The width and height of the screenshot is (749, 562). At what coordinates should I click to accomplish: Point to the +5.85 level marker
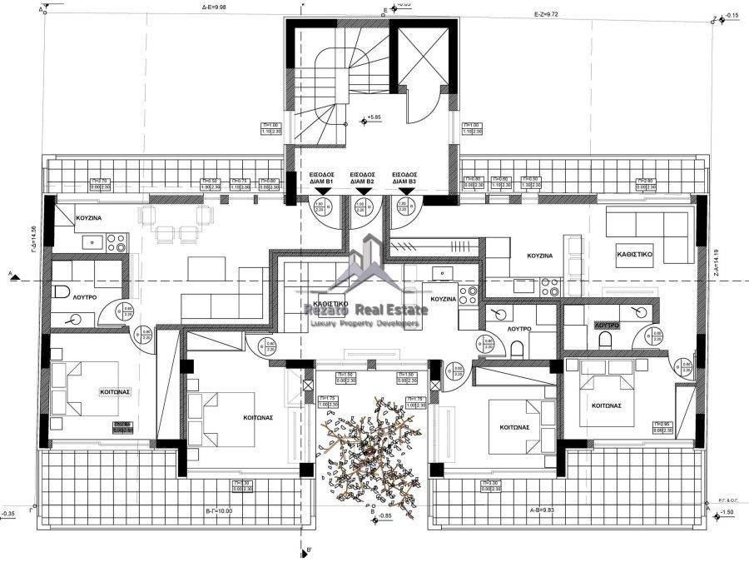(378, 118)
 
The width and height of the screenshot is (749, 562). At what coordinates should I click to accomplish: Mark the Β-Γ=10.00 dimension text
(218, 510)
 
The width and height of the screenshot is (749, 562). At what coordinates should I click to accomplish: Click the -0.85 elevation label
(384, 516)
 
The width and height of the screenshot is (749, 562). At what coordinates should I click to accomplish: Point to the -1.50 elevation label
(727, 512)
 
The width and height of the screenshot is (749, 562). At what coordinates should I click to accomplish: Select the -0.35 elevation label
(9, 514)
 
